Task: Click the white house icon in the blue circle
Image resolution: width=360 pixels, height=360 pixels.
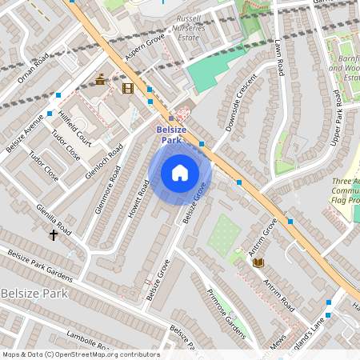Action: coord(180,173)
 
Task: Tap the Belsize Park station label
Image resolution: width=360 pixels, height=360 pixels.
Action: coord(171,134)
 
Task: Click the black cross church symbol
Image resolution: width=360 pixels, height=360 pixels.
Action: coord(54,235)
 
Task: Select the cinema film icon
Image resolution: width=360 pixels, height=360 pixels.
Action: coord(128,87)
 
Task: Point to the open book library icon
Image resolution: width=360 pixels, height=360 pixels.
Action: coord(258,262)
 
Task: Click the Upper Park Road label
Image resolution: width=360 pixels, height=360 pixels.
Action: coord(341,124)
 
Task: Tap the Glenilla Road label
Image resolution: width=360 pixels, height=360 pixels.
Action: coord(53,218)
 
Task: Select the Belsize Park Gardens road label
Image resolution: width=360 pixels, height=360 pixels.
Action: coord(40,266)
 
